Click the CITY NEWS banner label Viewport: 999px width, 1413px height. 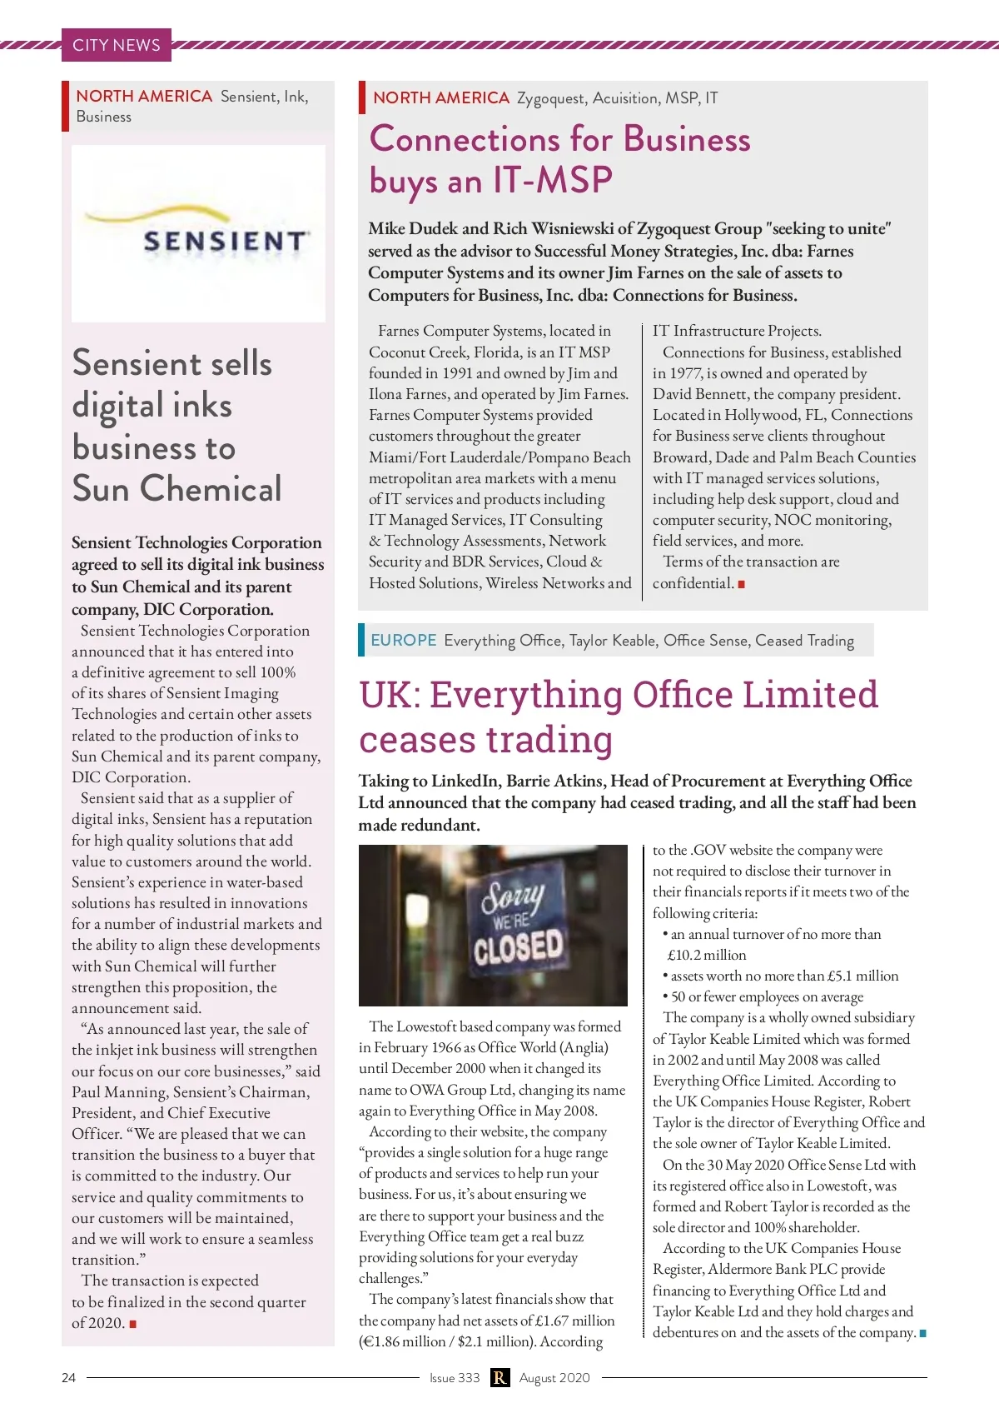116,45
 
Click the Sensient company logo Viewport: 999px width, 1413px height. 198,233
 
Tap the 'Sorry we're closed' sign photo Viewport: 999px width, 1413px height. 493,925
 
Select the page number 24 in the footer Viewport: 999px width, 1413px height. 68,1377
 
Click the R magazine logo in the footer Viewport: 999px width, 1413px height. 499,1377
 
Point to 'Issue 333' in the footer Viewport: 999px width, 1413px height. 455,1377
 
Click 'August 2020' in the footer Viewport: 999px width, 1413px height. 554,1377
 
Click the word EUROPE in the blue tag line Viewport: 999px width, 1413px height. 404,640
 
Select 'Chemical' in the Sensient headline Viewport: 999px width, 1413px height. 211,488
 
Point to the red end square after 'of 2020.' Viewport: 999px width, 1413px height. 133,1324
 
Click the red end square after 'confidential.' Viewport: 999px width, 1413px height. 741,584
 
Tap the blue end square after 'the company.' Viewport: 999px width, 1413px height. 922,1333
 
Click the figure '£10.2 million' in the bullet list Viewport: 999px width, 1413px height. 707,955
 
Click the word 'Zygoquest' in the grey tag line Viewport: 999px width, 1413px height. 551,98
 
